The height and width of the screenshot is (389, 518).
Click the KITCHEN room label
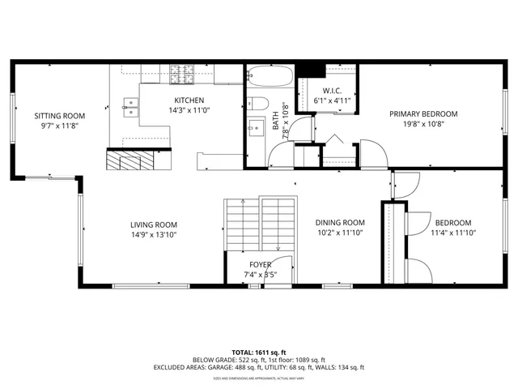tap(188, 100)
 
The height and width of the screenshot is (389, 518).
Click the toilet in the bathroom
tap(256, 102)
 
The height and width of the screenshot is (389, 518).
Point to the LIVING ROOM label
tap(154, 224)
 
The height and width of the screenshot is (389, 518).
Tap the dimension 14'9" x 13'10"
tap(154, 234)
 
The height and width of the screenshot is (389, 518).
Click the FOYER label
tap(260, 264)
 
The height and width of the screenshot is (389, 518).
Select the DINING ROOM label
tap(340, 223)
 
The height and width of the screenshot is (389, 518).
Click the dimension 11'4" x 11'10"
tap(452, 233)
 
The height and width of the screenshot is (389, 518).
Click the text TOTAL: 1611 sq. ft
tap(259, 353)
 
